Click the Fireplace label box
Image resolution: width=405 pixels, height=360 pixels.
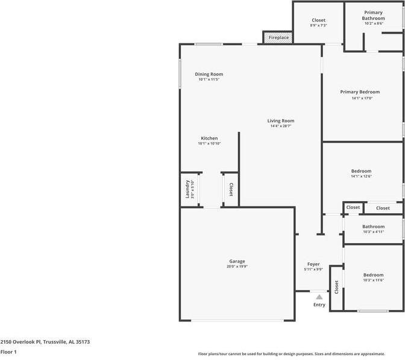tap(278, 38)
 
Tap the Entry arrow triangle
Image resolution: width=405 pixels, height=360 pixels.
tap(319, 297)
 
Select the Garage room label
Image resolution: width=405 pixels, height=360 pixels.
tap(236, 261)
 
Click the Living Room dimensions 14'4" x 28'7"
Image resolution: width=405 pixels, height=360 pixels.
tap(281, 126)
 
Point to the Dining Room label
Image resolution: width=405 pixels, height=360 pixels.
tap(209, 74)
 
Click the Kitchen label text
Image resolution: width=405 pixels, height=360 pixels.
tap(209, 138)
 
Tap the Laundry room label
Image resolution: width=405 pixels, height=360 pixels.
tap(187, 190)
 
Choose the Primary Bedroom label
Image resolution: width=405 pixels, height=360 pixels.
tap(360, 92)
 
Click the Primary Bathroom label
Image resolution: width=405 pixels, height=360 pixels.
tap(374, 15)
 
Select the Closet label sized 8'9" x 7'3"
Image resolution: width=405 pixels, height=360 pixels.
tap(318, 20)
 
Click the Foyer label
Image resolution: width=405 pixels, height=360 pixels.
tap(313, 264)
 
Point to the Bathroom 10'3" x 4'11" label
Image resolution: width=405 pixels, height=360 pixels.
tap(373, 226)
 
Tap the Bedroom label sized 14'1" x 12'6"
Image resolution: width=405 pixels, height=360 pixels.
tap(361, 171)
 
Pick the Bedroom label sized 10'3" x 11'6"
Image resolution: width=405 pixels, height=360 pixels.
tap(373, 275)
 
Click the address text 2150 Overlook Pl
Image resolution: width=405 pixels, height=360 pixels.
tap(45, 341)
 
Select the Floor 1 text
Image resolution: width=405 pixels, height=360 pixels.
tap(8, 352)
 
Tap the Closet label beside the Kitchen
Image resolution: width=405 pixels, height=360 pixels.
tap(230, 190)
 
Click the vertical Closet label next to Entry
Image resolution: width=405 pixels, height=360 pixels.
tap(336, 288)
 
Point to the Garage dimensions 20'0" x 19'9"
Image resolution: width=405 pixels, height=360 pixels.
tap(236, 266)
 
